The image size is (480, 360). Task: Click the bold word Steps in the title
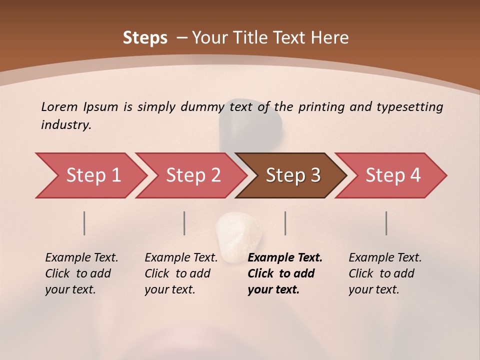145,38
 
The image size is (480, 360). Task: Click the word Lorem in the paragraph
59,106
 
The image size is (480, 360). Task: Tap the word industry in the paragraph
66,125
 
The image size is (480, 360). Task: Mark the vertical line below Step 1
84,223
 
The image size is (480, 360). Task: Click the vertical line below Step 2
184,223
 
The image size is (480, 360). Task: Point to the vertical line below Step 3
285,223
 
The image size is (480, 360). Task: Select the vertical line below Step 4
386,223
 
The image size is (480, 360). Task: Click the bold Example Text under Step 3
285,258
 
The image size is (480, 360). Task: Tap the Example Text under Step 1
81,258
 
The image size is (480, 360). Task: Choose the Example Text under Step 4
385,258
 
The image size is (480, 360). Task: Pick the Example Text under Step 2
181,258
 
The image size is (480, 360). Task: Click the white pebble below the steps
238,236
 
